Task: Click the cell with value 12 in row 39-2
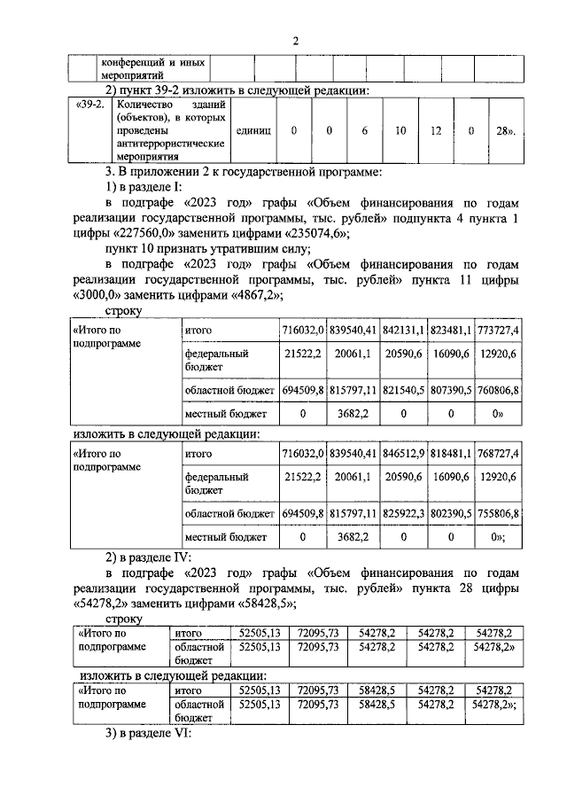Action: pos(436,130)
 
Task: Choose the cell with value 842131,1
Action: pos(405,331)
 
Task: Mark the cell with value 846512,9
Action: pos(405,455)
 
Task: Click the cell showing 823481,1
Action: pos(456,331)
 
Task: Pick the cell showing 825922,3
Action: pos(405,513)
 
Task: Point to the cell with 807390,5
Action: pos(456,389)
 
